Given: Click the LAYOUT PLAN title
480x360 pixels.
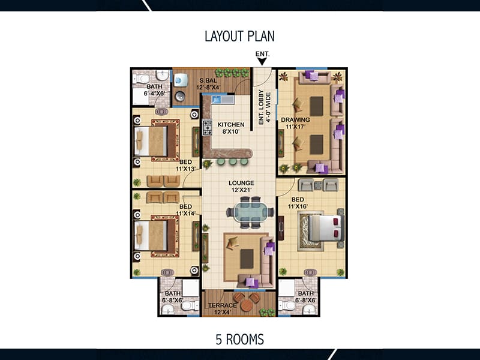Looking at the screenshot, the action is point(239,36).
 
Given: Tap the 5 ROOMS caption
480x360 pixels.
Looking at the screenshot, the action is point(239,340).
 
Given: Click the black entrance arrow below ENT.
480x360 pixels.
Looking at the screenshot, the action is point(262,62).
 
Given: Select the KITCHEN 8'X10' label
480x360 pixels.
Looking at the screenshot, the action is point(231,128).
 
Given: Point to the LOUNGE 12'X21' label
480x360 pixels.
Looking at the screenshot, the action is point(241,187).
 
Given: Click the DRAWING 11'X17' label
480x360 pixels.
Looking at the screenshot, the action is point(295,123).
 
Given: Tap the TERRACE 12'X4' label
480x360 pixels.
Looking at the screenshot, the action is point(223,309).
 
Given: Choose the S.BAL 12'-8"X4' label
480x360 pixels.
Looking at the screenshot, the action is point(208,84).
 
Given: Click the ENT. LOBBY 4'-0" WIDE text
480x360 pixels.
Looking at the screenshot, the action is point(265,107).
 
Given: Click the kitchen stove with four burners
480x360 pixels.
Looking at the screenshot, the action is point(207,128).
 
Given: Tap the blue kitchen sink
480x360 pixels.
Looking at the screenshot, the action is point(217,100).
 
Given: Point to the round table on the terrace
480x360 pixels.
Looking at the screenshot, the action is point(247,305).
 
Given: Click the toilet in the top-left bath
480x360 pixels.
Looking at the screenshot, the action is point(142,79).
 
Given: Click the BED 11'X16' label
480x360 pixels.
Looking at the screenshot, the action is point(298,203).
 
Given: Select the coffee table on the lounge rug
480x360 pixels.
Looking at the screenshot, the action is point(247,259).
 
